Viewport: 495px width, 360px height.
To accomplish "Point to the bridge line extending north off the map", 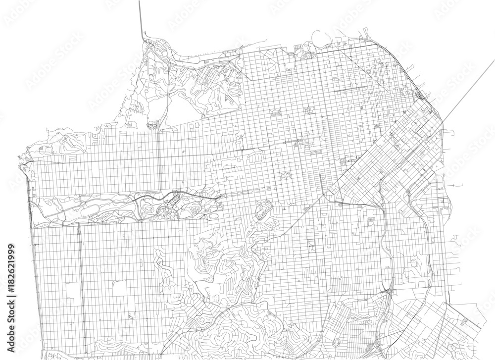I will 141,17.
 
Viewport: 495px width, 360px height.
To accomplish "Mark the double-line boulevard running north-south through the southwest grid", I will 79,287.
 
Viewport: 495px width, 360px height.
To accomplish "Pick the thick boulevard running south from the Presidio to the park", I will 158,158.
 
